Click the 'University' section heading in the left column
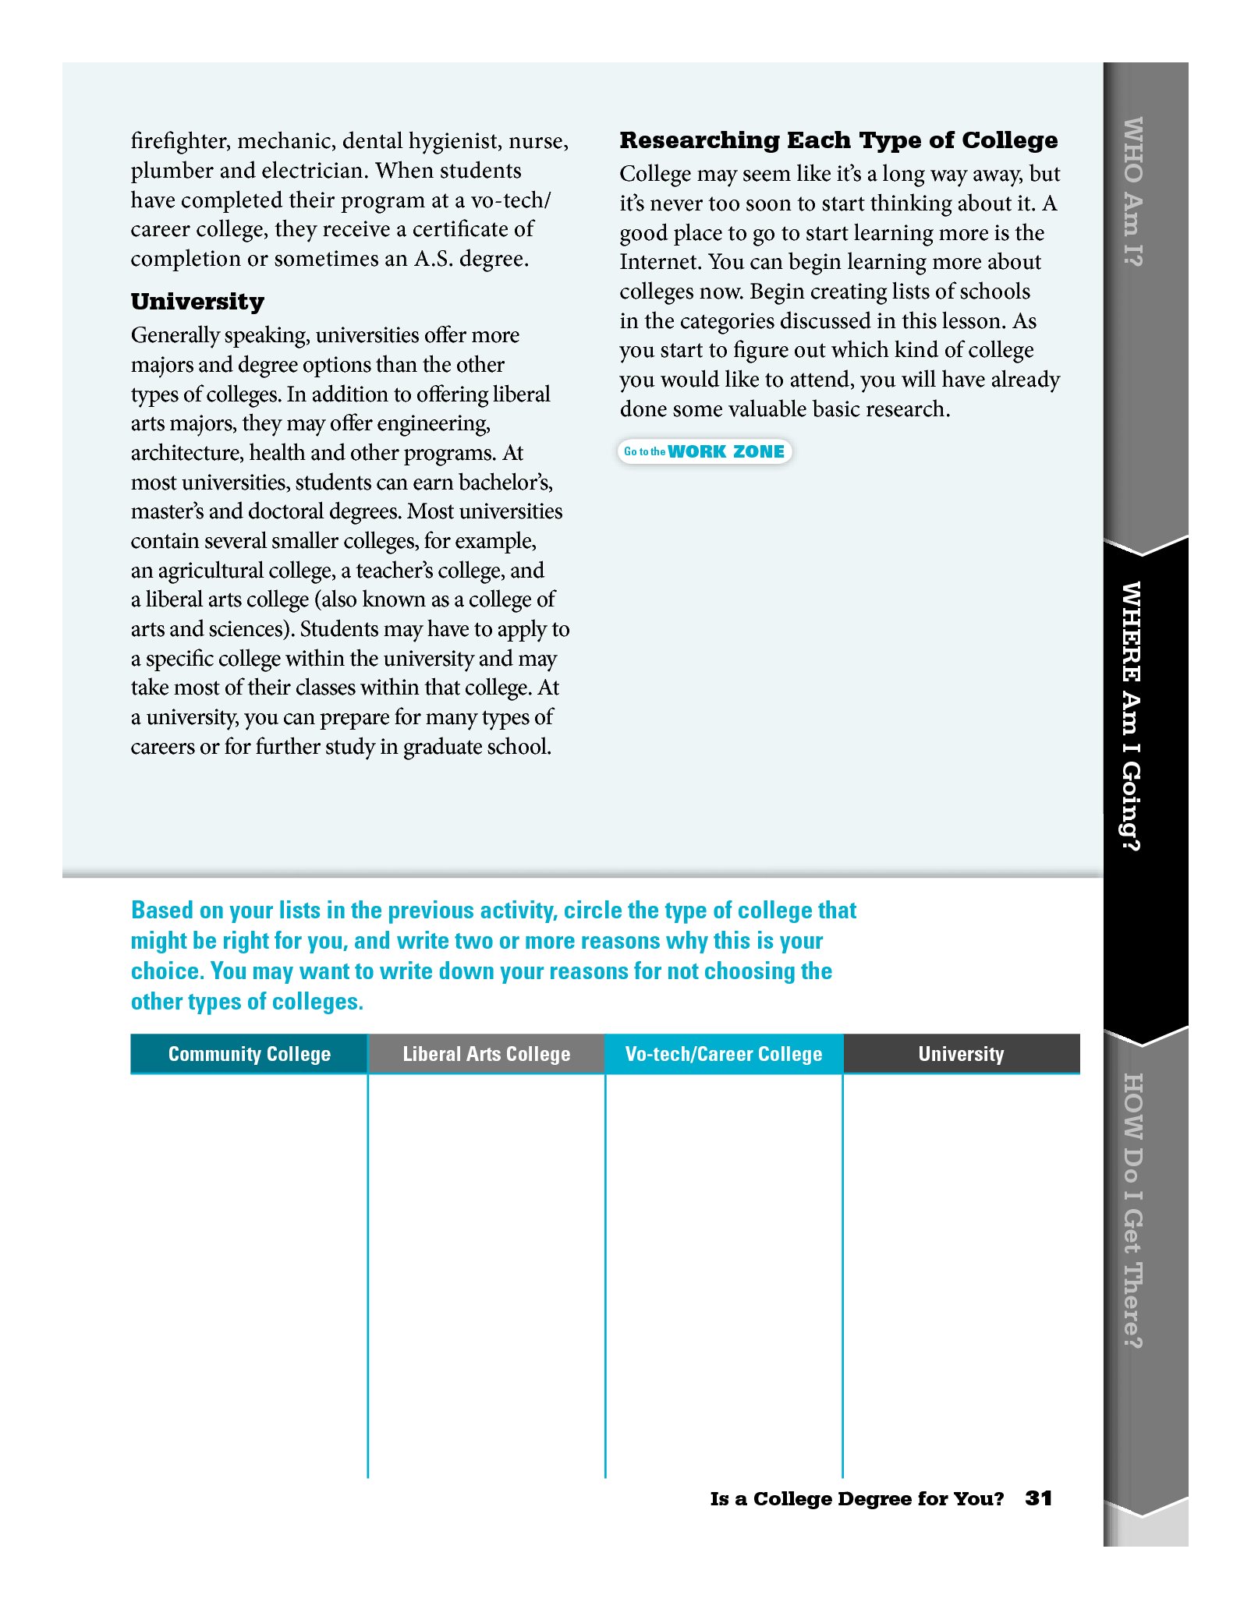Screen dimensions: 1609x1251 (x=197, y=302)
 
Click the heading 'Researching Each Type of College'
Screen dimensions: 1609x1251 (x=838, y=140)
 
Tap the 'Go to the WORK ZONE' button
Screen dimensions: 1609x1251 (x=704, y=451)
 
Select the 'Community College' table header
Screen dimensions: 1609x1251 (x=249, y=1054)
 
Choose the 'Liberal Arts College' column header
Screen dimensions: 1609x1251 (x=486, y=1054)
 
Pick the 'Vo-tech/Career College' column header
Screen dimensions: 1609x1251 (x=723, y=1054)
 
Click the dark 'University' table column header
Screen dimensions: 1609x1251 (x=961, y=1054)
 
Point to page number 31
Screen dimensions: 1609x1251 (x=1038, y=1498)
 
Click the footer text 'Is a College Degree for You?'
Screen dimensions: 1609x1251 (x=856, y=1499)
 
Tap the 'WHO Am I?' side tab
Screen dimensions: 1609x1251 (x=1132, y=192)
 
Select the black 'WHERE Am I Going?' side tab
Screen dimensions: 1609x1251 (x=1132, y=716)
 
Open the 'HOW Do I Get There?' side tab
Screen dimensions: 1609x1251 (x=1132, y=1211)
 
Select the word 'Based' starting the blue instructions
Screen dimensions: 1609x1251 (x=161, y=911)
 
